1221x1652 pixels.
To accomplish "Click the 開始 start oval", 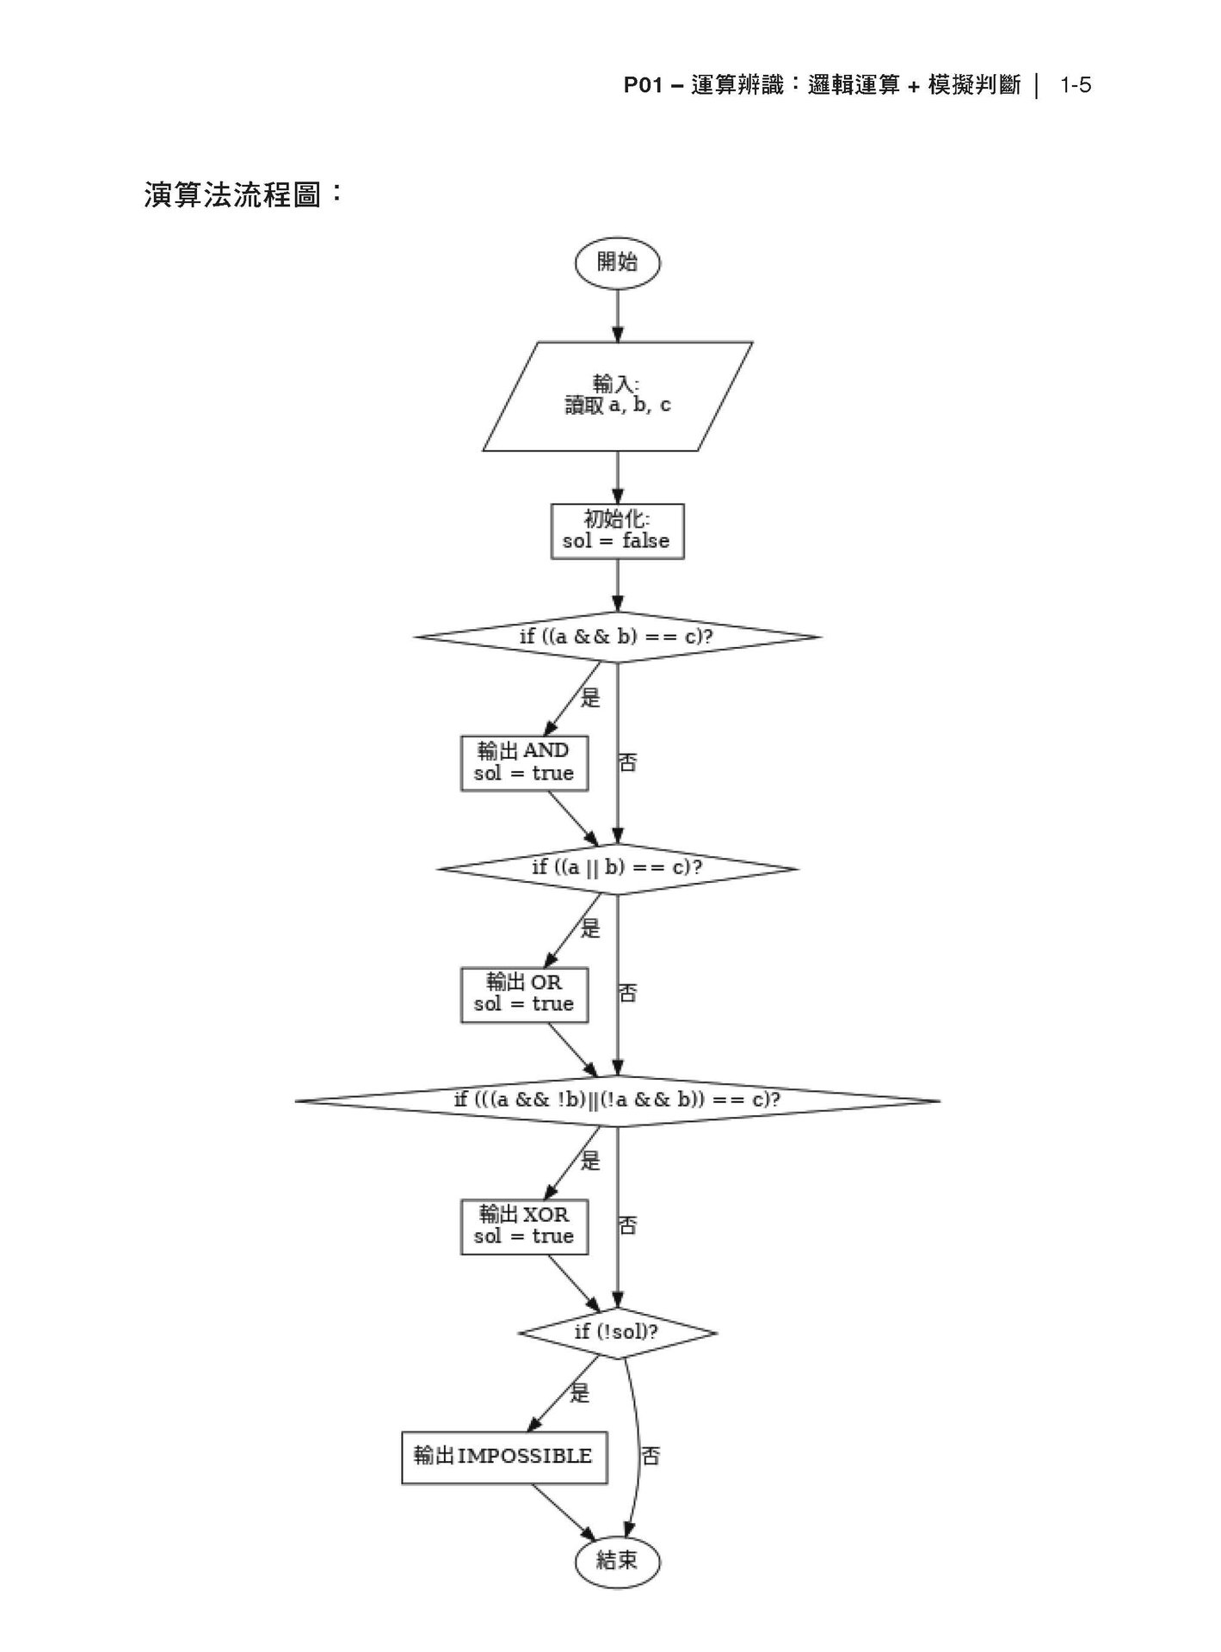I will click(x=617, y=263).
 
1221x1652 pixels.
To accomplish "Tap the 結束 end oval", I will click(x=617, y=1560).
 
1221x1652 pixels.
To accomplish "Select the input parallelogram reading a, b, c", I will click(x=617, y=396).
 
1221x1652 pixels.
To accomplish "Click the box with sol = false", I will click(x=617, y=531).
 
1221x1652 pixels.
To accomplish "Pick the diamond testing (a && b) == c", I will click(x=617, y=637).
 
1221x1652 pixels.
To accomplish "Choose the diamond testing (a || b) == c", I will click(x=617, y=867).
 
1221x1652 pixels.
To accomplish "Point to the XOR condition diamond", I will click(x=617, y=1100).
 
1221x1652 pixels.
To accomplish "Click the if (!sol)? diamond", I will click(x=617, y=1333).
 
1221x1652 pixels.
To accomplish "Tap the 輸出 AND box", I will click(x=524, y=762).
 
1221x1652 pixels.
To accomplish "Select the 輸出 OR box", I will click(x=524, y=994).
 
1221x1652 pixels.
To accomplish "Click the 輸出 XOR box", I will click(x=524, y=1226).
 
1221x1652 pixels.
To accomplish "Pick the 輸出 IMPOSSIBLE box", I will click(x=504, y=1457).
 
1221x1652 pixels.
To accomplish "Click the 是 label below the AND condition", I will click(x=590, y=697).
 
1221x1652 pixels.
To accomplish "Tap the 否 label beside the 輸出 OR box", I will click(x=628, y=994).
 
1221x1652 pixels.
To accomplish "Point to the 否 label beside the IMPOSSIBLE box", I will click(x=651, y=1457).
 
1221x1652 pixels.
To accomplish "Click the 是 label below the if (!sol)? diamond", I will click(x=580, y=1393).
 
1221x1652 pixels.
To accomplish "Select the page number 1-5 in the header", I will click(x=1076, y=85).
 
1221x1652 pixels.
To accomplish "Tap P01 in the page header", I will click(x=642, y=85).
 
